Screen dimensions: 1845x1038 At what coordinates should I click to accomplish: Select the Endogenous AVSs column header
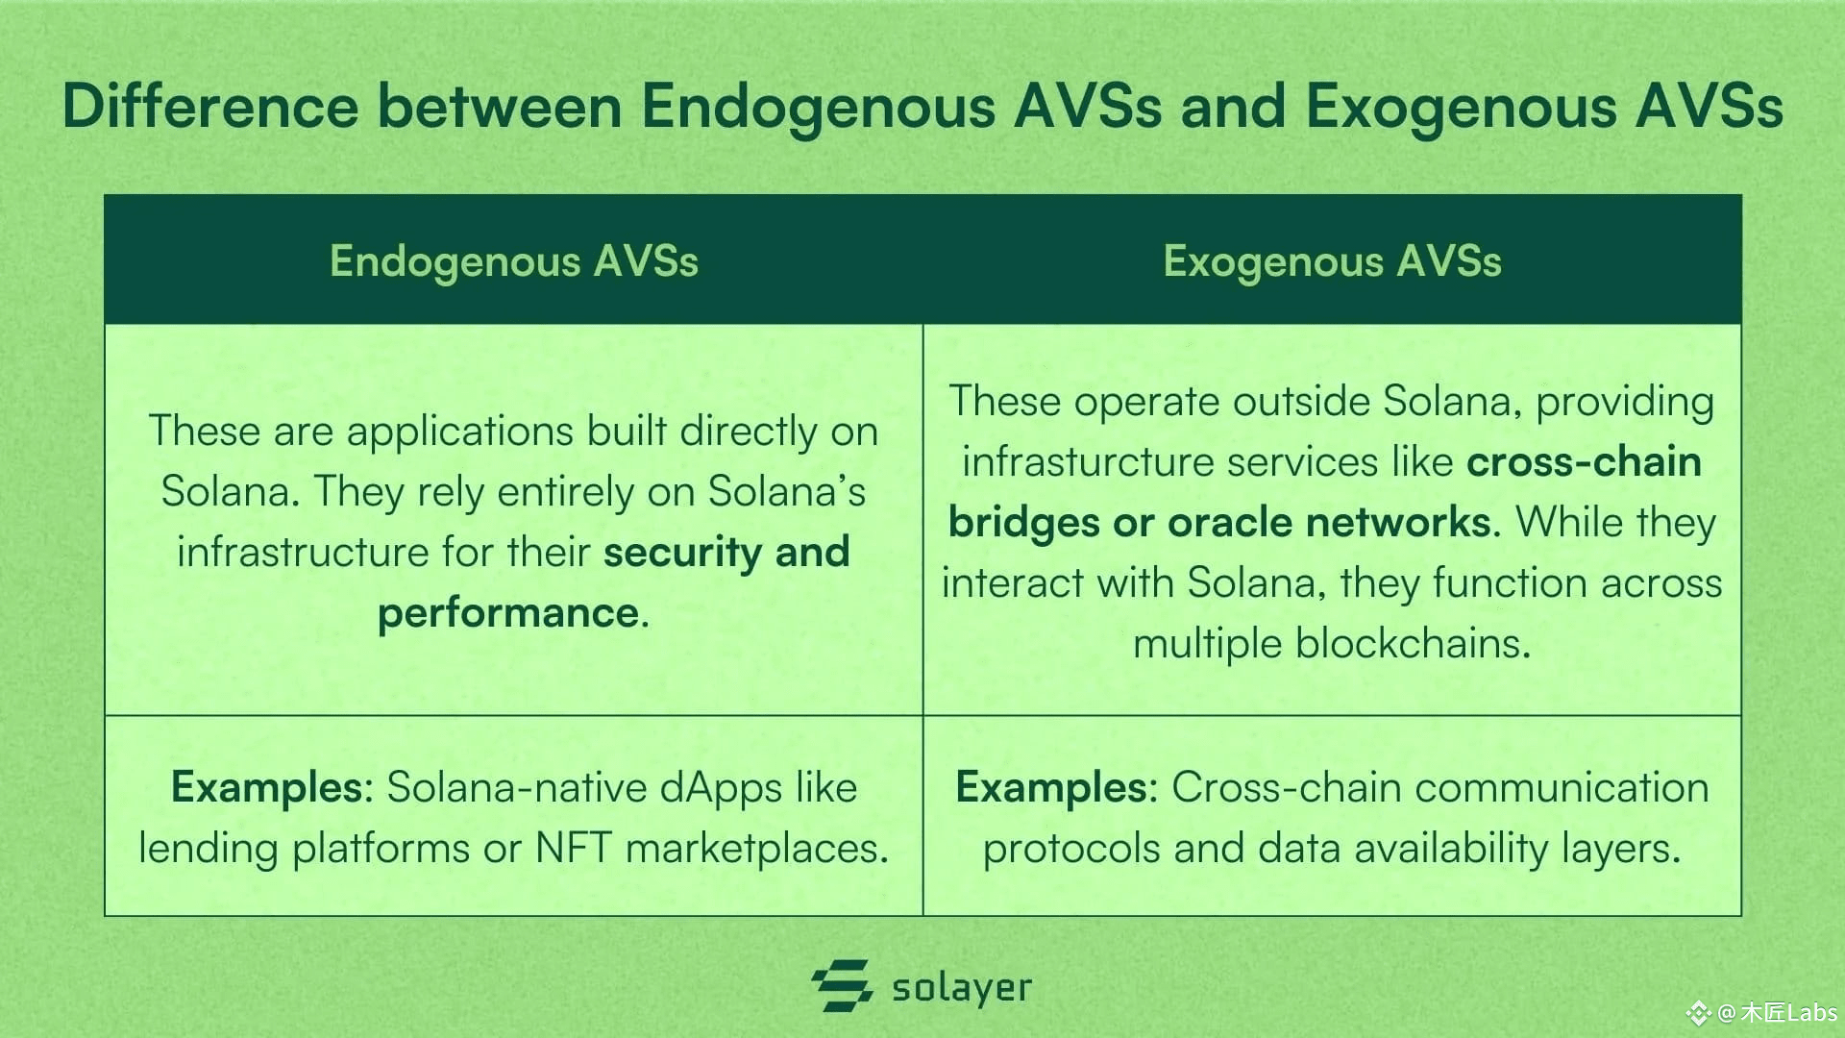tap(514, 261)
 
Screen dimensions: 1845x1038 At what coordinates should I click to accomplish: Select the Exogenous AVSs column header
tap(1332, 261)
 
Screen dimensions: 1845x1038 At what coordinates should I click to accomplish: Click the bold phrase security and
tap(726, 553)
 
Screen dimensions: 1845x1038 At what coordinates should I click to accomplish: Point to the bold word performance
tap(508, 613)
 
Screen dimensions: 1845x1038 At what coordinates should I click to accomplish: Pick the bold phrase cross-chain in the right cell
tap(1584, 462)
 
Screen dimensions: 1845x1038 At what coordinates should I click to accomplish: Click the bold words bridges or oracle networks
tap(1219, 522)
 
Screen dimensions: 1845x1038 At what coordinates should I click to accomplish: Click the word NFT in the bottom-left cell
tap(574, 848)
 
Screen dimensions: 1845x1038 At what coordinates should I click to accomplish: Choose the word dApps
tap(708, 788)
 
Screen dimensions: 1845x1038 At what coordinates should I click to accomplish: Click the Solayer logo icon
tap(842, 985)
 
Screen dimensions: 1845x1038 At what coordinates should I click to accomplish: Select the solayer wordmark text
tap(962, 988)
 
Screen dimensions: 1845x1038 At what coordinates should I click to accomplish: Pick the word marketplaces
tap(757, 849)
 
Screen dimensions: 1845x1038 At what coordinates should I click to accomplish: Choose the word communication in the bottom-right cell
tap(1562, 788)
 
